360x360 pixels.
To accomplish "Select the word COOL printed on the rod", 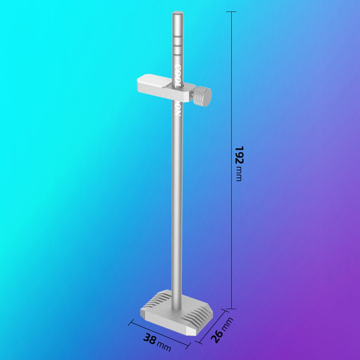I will point(178,76).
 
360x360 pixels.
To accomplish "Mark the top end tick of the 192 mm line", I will point(231,12).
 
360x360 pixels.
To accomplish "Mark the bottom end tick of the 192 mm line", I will point(231,309).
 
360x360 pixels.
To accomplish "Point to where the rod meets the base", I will point(177,306).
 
